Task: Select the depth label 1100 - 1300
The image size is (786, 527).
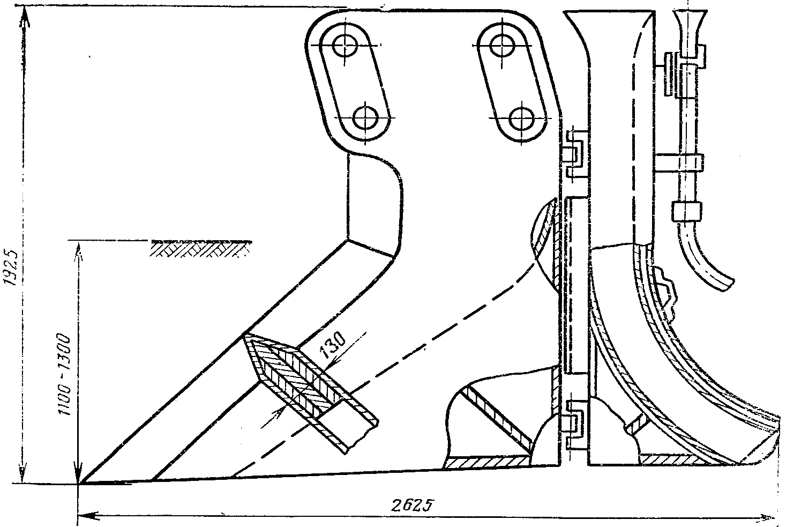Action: click(x=65, y=375)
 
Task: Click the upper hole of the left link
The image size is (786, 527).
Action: click(x=345, y=46)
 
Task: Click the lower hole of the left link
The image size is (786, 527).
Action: click(x=365, y=118)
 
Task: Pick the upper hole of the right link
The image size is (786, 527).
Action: click(x=503, y=45)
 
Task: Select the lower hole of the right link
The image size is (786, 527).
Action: click(x=521, y=119)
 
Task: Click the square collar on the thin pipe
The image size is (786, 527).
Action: click(x=687, y=211)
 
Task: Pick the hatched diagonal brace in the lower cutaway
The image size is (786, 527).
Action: click(x=496, y=417)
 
